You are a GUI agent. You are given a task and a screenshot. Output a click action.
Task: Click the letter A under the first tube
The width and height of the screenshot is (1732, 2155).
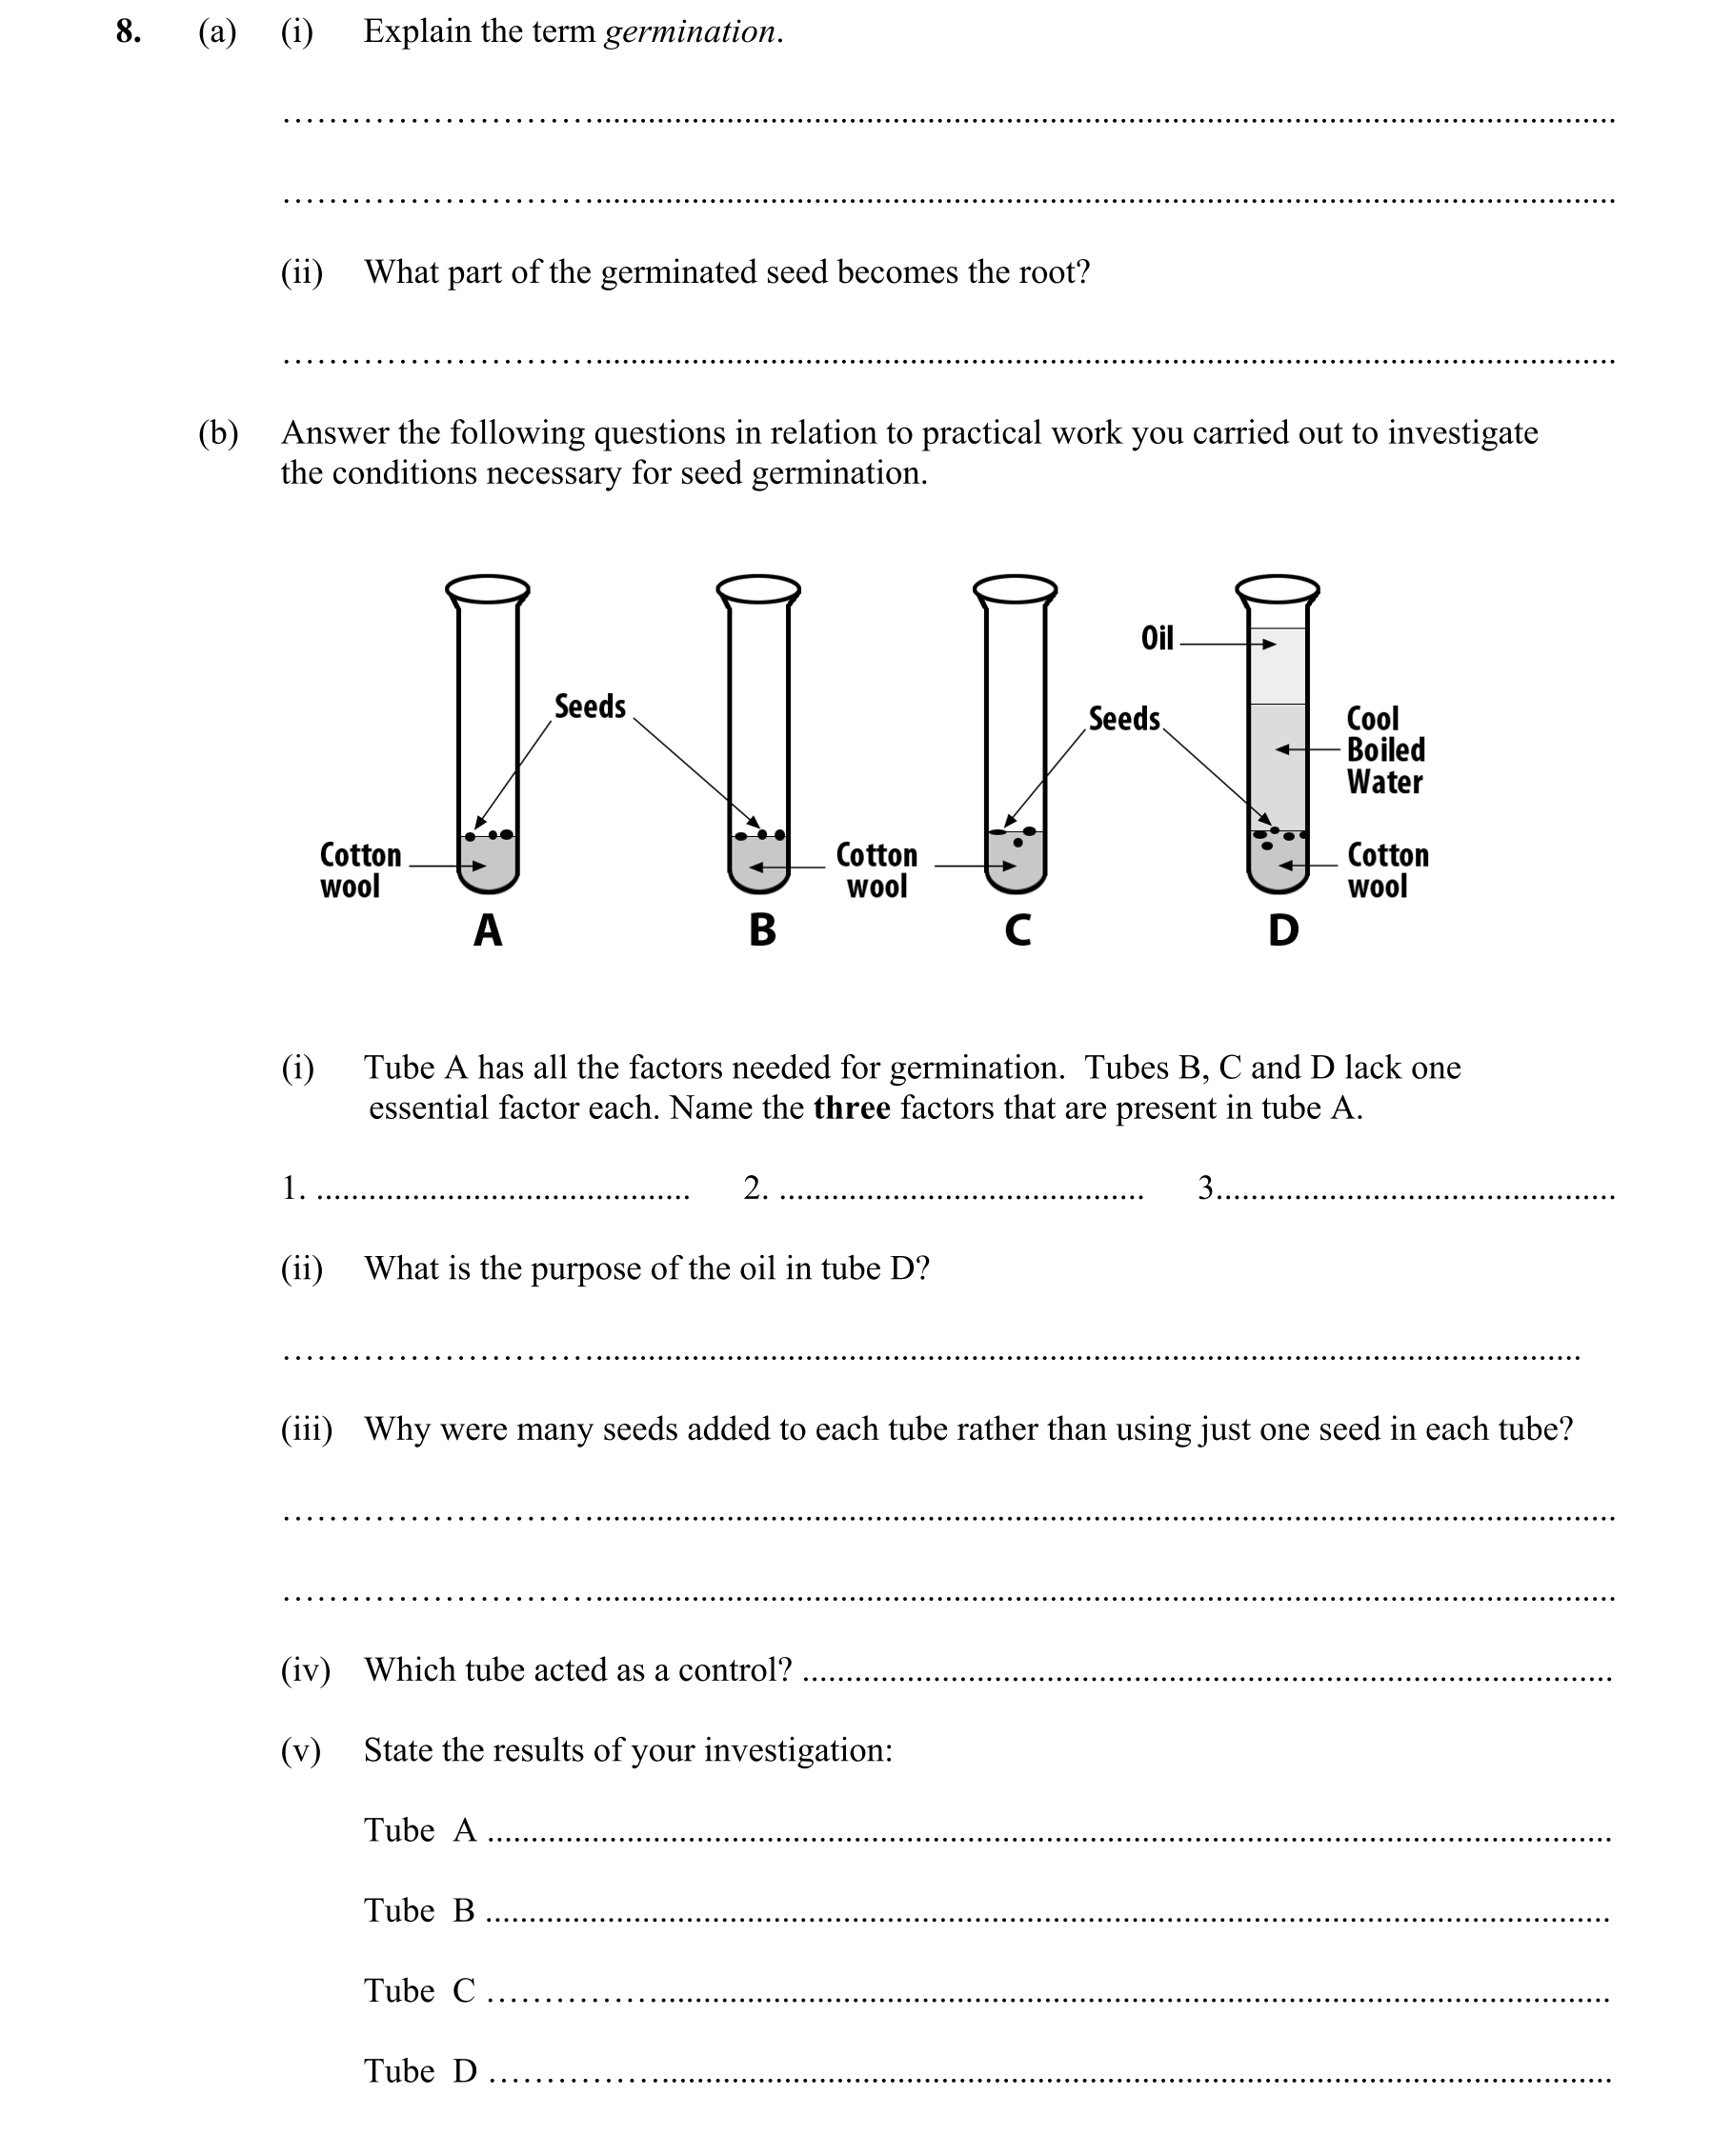(x=487, y=930)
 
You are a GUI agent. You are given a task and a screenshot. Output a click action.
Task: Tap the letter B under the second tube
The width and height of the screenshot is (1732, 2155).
(x=762, y=930)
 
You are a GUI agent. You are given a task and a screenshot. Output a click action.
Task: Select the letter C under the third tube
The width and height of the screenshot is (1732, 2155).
(x=1017, y=930)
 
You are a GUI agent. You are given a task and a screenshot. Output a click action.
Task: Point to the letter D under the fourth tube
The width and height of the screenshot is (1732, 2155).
(x=1283, y=930)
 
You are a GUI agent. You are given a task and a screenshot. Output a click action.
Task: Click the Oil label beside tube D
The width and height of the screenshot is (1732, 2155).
(x=1157, y=639)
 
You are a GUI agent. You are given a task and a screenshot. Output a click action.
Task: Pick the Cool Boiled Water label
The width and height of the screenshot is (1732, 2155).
(x=1385, y=749)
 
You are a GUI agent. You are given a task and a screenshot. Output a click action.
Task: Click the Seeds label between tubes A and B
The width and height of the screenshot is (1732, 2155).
(x=590, y=707)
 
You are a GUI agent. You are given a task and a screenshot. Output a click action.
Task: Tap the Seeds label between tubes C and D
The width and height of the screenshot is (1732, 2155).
(x=1124, y=719)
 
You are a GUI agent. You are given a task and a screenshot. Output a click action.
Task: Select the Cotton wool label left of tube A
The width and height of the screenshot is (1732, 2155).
(x=360, y=870)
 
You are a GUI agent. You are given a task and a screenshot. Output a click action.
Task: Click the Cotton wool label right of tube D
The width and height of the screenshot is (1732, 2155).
(x=1387, y=870)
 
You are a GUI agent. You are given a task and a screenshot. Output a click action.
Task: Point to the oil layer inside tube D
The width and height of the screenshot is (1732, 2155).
(x=1278, y=666)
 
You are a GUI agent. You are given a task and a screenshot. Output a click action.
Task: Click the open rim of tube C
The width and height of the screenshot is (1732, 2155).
(x=1015, y=589)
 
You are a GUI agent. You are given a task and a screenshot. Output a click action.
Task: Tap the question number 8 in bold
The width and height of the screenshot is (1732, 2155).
(x=128, y=32)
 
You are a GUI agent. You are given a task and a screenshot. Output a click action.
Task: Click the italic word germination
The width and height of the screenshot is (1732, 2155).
(x=691, y=32)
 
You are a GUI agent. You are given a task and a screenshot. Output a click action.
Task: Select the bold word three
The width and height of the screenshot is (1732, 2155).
(x=851, y=1108)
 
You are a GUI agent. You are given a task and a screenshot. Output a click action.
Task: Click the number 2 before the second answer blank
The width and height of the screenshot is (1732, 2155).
(x=755, y=1187)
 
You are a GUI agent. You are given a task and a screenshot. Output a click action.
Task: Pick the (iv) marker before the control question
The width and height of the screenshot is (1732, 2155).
(x=305, y=1669)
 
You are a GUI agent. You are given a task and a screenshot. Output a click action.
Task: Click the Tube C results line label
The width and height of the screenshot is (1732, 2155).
(x=419, y=1990)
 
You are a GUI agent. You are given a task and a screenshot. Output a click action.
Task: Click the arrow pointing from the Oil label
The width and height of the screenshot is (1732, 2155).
(x=1228, y=644)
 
